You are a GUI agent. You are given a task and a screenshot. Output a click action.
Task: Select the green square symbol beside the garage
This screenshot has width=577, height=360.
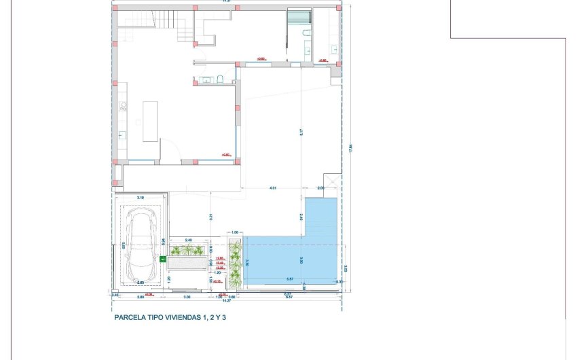coord(163,259)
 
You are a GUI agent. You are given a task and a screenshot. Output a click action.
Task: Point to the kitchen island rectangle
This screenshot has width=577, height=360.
coord(150,122)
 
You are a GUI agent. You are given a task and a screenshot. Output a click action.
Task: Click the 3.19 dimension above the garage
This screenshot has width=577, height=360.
coord(141,197)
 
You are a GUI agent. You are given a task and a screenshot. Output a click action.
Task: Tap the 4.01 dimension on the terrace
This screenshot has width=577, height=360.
coord(274,187)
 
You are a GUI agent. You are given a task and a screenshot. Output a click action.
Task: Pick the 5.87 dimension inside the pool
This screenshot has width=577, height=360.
coord(290,279)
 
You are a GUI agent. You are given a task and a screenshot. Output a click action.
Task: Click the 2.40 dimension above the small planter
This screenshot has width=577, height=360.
coord(188,240)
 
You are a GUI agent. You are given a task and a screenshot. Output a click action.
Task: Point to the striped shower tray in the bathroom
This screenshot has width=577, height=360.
coord(297,17)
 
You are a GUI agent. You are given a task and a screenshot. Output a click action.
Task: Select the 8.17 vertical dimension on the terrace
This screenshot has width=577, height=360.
coord(301,133)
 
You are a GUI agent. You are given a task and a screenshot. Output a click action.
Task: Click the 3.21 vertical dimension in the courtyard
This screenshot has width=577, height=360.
coord(211,217)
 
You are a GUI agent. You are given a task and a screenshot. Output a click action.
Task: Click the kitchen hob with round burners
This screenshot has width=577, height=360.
coord(124,106)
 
